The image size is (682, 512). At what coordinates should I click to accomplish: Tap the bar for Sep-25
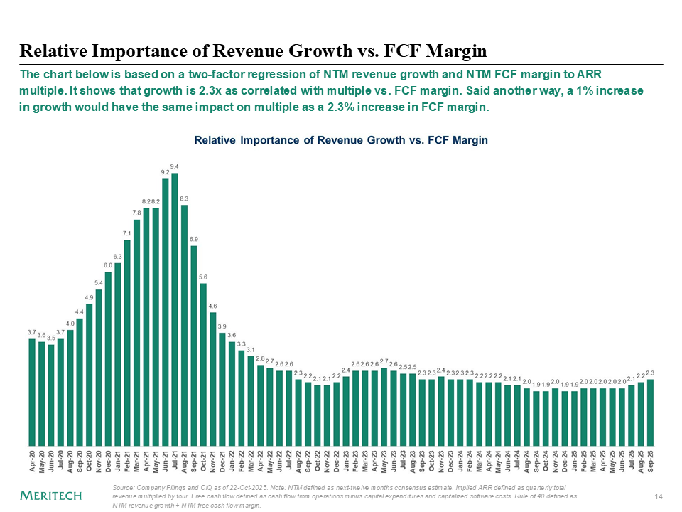[x=650, y=412]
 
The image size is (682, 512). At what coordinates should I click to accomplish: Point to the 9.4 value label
[x=175, y=166]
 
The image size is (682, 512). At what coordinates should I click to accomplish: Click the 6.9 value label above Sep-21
[x=194, y=239]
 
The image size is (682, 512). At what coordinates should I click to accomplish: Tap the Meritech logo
[x=50, y=495]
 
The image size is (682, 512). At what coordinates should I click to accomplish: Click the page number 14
[x=657, y=495]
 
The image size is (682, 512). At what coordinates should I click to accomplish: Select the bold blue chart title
[x=341, y=140]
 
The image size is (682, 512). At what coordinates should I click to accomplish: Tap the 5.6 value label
[x=203, y=277]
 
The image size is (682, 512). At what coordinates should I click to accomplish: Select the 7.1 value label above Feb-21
[x=127, y=233]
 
